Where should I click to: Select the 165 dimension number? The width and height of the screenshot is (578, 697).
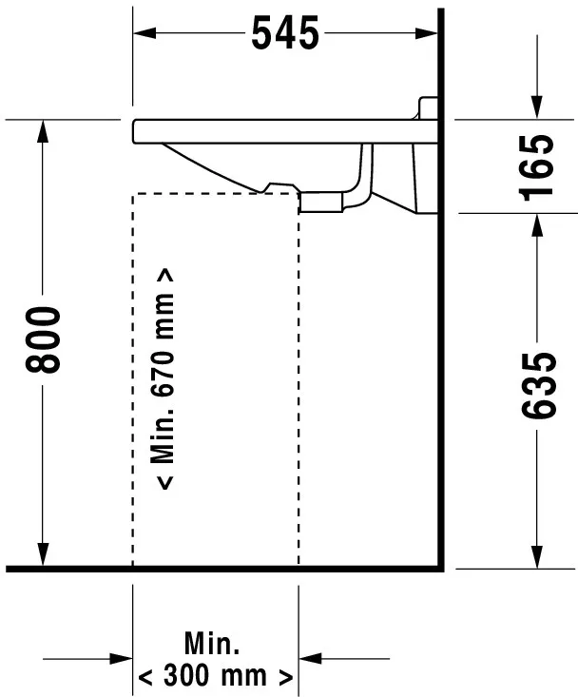click(538, 165)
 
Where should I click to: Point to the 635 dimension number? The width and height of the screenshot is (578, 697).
click(538, 384)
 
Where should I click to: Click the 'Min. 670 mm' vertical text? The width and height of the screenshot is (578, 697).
click(165, 378)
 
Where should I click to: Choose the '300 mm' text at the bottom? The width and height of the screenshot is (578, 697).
click(215, 677)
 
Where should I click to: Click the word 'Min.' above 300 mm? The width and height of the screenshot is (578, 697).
click(213, 644)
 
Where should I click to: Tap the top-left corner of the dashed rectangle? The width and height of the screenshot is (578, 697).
click(132, 194)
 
